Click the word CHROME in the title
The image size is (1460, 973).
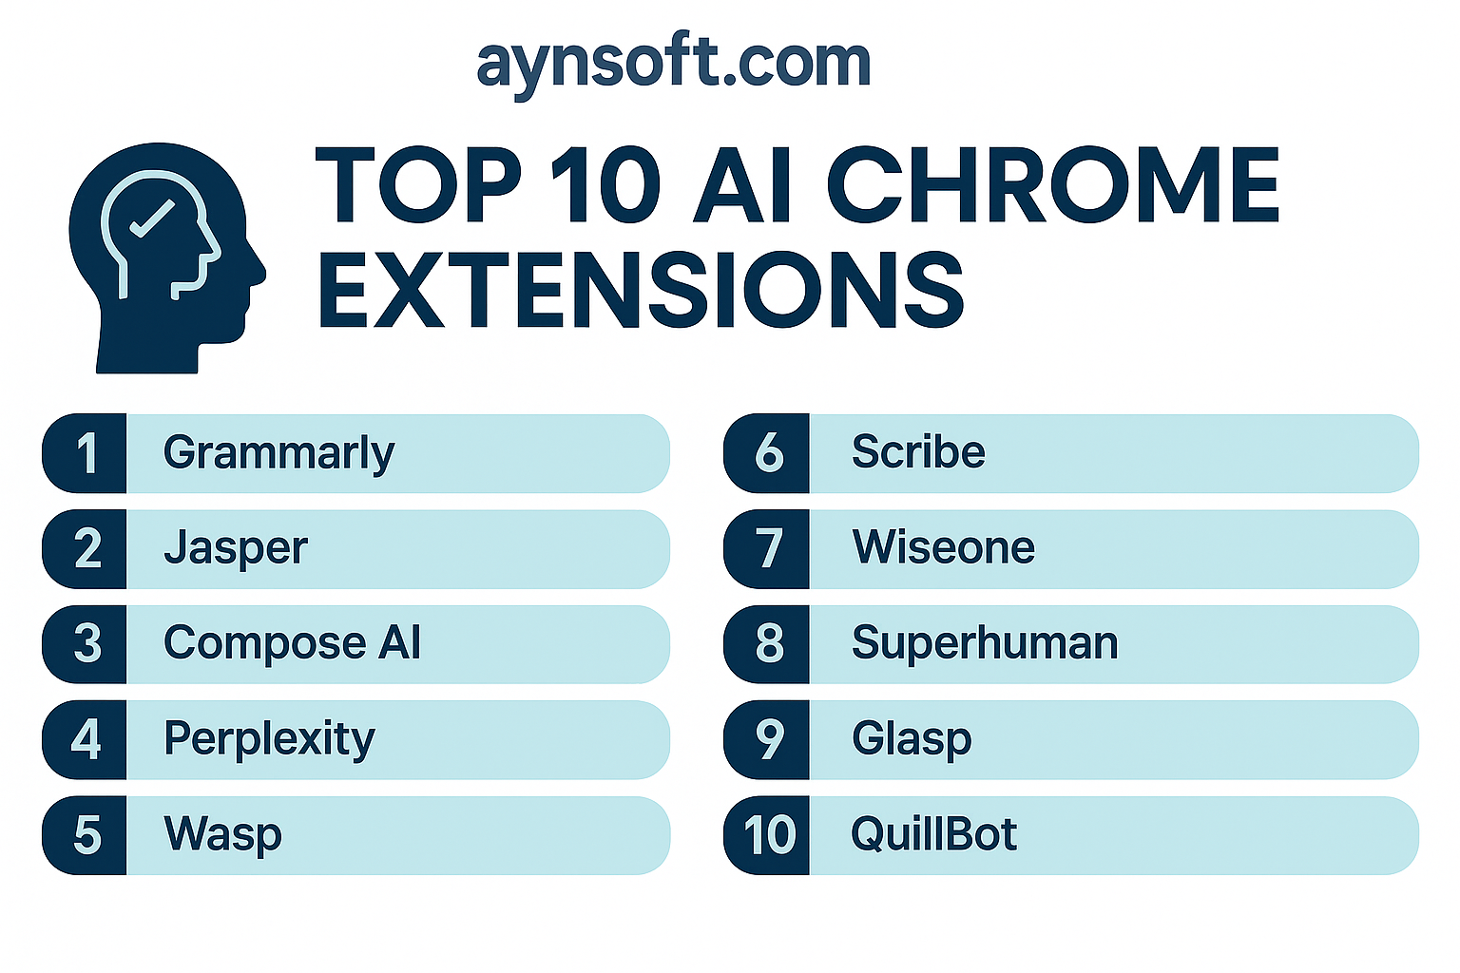1052,185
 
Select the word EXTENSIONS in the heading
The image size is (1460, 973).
640,290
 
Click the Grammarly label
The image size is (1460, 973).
279,454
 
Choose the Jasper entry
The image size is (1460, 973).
236,549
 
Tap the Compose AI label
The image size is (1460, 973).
292,644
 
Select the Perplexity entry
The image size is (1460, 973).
269,739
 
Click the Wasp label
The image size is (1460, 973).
222,835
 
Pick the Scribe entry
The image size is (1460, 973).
917,451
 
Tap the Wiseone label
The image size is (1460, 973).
943,546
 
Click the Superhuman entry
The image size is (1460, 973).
985,644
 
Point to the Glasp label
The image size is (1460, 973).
912,739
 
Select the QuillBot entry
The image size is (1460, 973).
934,834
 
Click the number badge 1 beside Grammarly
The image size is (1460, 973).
85,453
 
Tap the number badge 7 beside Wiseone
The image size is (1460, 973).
766,549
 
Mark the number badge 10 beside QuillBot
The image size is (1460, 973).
766,835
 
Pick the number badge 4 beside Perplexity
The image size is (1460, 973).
85,739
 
